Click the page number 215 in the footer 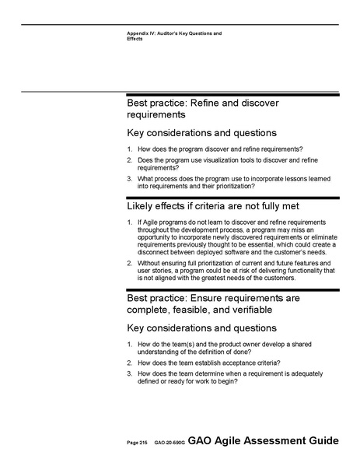[143, 443]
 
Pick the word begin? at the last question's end [225, 381]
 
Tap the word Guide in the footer [322, 441]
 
